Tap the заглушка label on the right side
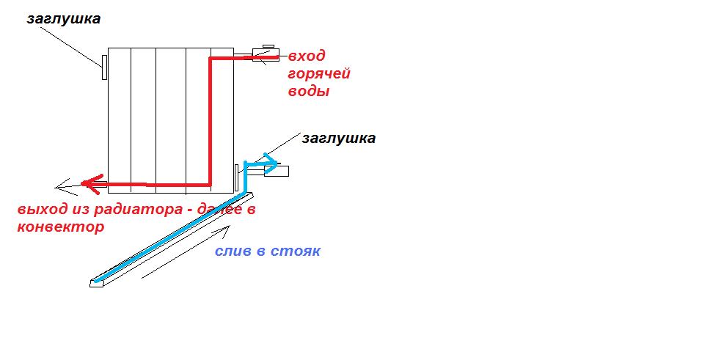click(x=338, y=138)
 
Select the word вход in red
click(x=306, y=56)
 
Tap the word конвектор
click(x=60, y=227)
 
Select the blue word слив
click(x=233, y=251)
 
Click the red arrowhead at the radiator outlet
click(x=88, y=183)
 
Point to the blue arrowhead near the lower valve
click(x=274, y=162)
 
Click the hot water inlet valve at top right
click(x=264, y=54)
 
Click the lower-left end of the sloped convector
click(x=95, y=282)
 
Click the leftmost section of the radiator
click(x=120, y=117)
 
